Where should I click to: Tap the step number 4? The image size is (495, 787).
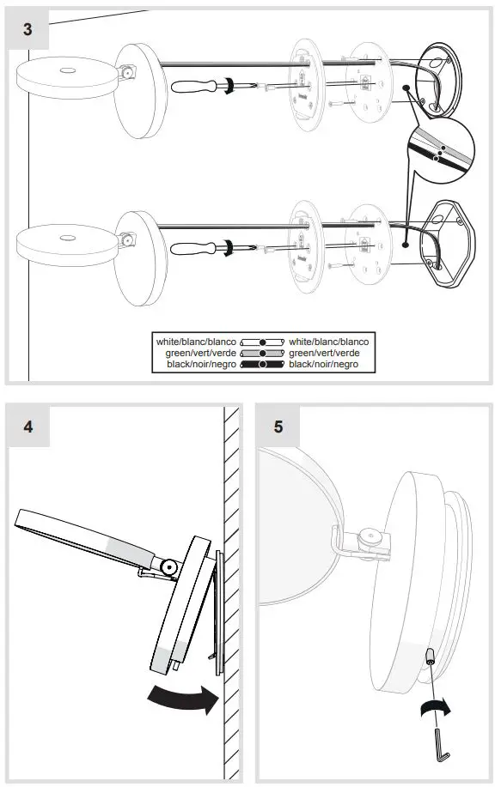coord(28,427)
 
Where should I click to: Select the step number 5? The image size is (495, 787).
coord(278,427)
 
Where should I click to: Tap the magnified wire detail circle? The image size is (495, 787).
coord(441,151)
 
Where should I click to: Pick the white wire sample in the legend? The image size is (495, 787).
coord(262,342)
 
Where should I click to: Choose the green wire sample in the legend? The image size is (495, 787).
coord(262,353)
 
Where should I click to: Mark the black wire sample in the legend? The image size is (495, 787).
coord(262,365)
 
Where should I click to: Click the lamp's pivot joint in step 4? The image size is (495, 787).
coord(169,567)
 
